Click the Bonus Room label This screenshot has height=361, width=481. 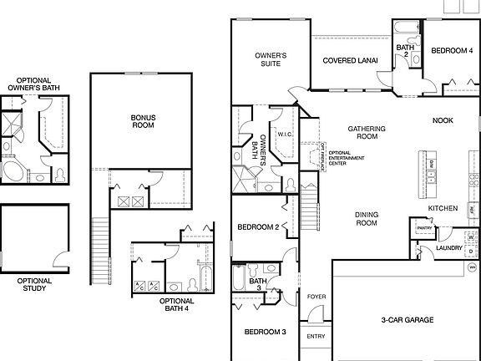(x=144, y=120)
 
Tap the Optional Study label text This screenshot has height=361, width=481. (x=34, y=286)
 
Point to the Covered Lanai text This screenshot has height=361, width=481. (x=350, y=60)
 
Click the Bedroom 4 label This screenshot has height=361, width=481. (x=451, y=51)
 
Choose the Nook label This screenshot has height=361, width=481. (x=443, y=120)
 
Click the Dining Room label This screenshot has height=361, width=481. (x=367, y=219)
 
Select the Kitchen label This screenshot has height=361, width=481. (x=442, y=208)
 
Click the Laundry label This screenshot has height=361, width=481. (x=448, y=248)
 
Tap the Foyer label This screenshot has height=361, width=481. (x=316, y=297)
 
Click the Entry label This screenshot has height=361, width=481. (x=316, y=337)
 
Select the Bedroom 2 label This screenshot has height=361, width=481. (x=257, y=227)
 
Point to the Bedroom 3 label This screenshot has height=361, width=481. (x=265, y=332)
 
